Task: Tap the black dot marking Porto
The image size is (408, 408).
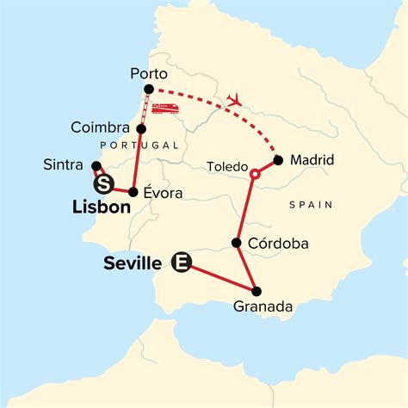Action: tap(149, 90)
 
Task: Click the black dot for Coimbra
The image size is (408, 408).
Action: tap(141, 128)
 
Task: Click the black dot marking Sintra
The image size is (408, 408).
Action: tap(96, 166)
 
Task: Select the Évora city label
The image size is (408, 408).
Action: tap(163, 193)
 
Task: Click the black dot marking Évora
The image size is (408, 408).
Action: tap(134, 191)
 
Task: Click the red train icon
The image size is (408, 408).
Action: tap(166, 108)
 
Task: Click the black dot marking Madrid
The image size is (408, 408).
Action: tap(277, 159)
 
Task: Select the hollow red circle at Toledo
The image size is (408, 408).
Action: tap(254, 175)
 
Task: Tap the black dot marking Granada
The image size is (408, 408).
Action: tap(256, 290)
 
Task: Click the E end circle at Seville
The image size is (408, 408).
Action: tap(181, 262)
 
